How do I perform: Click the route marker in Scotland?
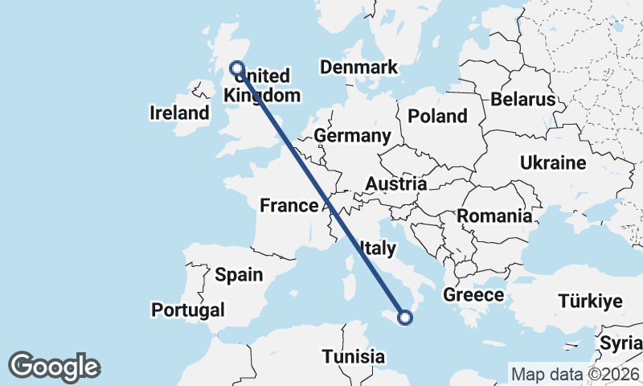click(x=237, y=68)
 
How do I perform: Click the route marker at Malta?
click(x=405, y=318)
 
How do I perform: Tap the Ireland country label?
click(x=179, y=113)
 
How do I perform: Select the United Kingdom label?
click(x=262, y=86)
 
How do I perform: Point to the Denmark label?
click(x=358, y=68)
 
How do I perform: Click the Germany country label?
click(x=352, y=136)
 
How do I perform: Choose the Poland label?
click(x=437, y=117)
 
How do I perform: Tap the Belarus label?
click(x=523, y=100)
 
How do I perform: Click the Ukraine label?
click(x=553, y=163)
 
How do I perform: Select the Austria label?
click(x=395, y=184)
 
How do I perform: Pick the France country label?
click(x=289, y=206)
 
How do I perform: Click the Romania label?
click(x=494, y=216)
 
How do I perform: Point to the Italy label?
click(x=378, y=248)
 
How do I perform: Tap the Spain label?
click(x=239, y=275)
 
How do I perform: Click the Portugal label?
click(x=188, y=310)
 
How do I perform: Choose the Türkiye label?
click(x=591, y=302)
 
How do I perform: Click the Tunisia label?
click(x=353, y=355)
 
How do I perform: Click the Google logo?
click(x=55, y=367)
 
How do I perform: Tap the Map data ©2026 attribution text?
click(x=575, y=374)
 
